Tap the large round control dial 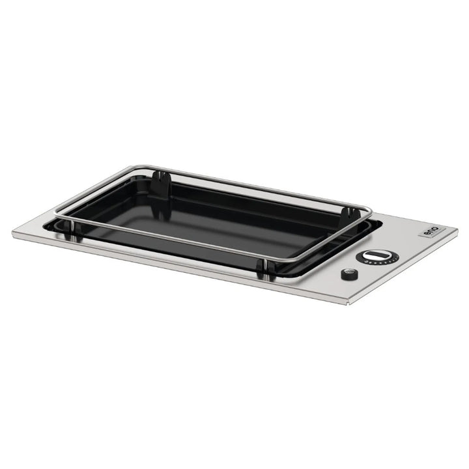point(376,255)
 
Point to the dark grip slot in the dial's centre point(376,254)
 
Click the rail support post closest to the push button point(263,266)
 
